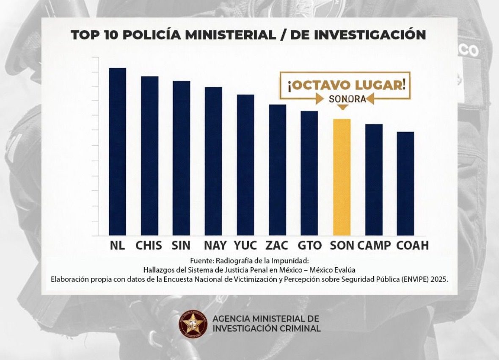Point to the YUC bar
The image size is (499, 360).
(x=245, y=165)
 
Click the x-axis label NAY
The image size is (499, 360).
(x=215, y=245)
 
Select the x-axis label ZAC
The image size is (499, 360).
(x=277, y=245)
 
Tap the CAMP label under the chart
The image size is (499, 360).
(x=374, y=245)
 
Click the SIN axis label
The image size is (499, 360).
(x=181, y=245)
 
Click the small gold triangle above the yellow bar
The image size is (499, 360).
(x=343, y=108)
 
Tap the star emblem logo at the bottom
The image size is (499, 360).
(x=193, y=324)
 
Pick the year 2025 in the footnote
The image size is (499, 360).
(x=439, y=279)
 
